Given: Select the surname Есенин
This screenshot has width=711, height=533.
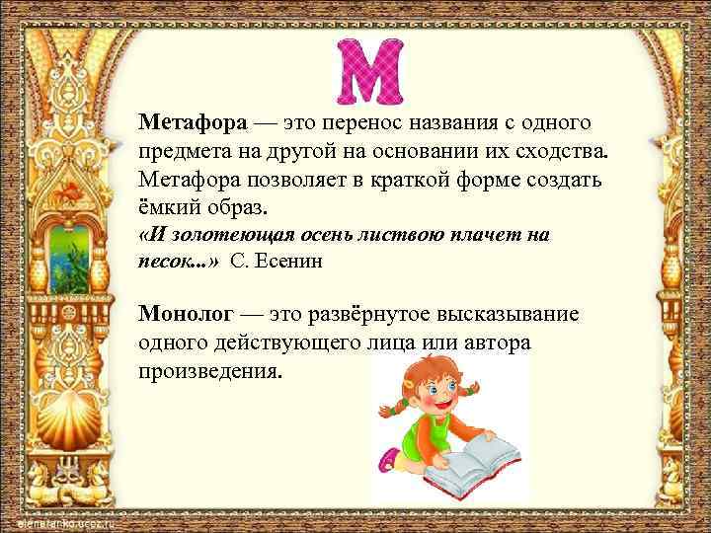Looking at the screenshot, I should (292, 261).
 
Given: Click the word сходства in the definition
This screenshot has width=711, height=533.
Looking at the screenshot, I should (559, 152).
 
